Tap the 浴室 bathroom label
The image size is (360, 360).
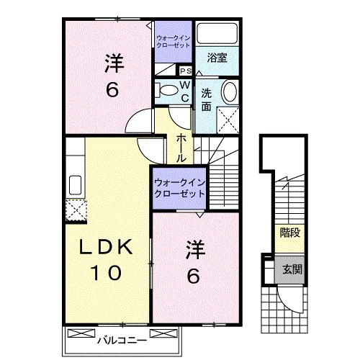point(217,58)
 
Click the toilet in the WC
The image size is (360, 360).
point(165,90)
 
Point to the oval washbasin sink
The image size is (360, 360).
point(228,93)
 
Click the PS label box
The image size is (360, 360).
point(184,71)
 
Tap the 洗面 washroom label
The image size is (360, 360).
point(207,99)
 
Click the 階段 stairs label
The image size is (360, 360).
point(290,232)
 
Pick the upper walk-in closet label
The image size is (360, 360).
point(173,40)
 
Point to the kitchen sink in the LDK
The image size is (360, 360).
point(74,184)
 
